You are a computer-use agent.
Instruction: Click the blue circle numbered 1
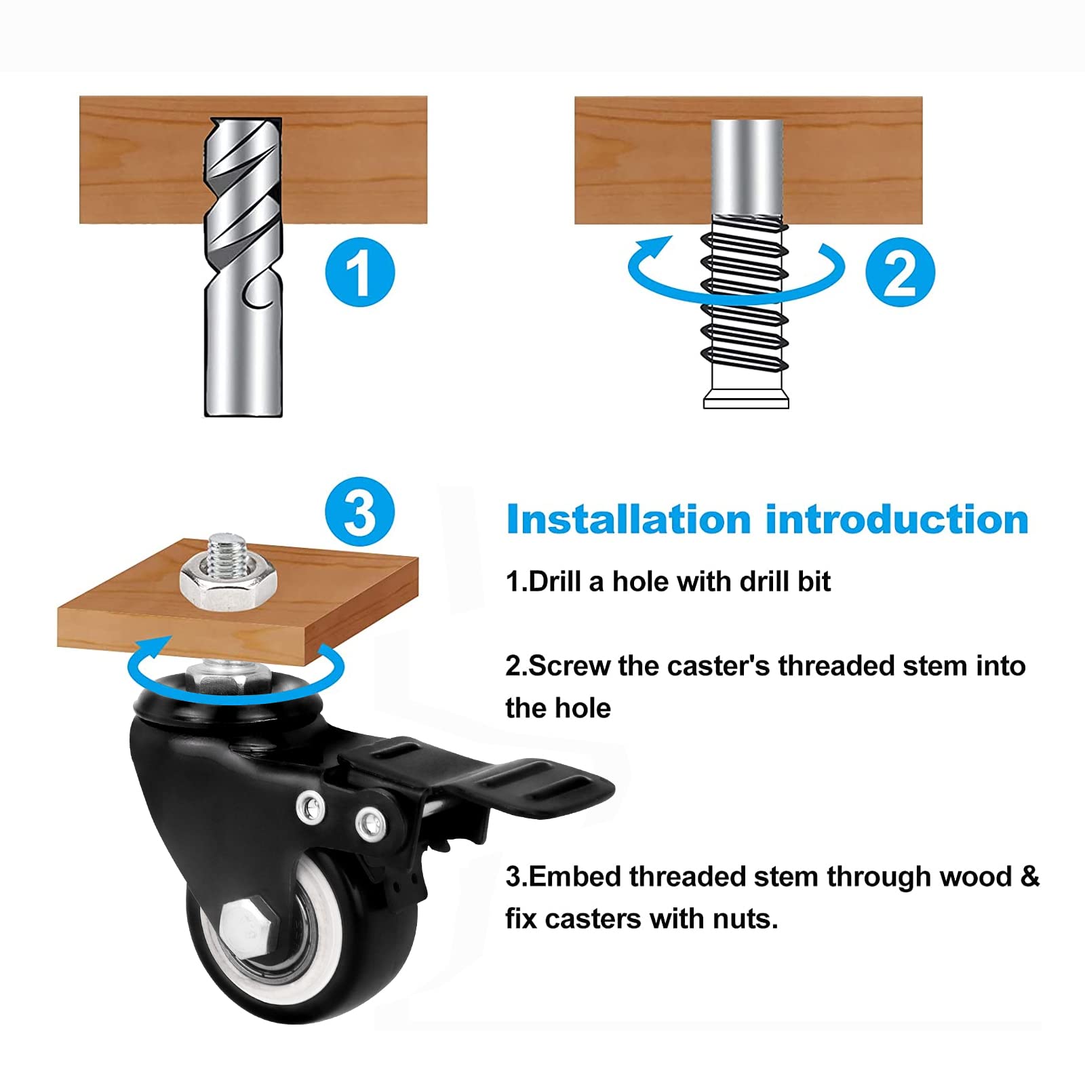point(359,273)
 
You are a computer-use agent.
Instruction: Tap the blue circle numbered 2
point(900,273)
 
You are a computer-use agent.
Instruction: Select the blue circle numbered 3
point(359,512)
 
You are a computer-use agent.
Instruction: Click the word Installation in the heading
point(628,520)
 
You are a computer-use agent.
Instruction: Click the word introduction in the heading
point(896,520)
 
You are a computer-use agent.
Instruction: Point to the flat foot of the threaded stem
point(746,399)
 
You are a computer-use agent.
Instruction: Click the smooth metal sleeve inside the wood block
point(747,166)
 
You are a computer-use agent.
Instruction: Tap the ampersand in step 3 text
point(1029,877)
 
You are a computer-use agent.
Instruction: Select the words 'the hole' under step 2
point(557,709)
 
